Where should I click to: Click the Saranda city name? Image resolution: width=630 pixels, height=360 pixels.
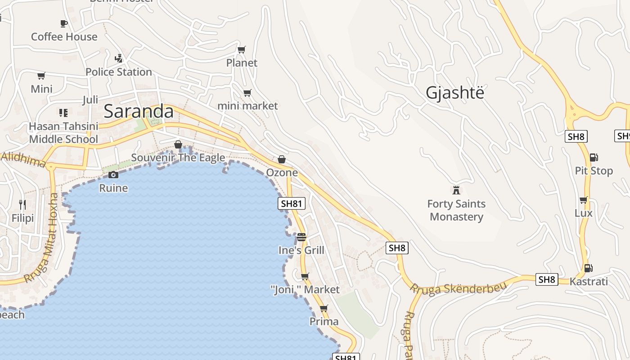click(x=139, y=112)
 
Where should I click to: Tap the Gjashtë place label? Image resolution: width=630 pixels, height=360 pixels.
click(x=455, y=93)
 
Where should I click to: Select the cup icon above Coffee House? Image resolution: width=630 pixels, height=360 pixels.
click(x=64, y=23)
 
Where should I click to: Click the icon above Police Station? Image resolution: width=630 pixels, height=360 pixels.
click(x=119, y=58)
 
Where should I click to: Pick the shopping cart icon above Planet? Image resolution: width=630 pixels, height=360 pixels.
click(x=242, y=49)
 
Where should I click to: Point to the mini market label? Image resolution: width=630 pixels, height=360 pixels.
click(x=247, y=106)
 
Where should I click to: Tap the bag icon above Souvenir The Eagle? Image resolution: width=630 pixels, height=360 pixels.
click(x=178, y=144)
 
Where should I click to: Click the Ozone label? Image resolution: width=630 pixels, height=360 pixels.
click(x=282, y=172)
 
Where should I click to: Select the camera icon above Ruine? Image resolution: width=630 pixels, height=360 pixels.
click(x=113, y=175)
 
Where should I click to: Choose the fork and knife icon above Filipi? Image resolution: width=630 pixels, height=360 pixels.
click(x=22, y=205)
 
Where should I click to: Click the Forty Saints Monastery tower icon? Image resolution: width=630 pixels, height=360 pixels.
click(x=456, y=190)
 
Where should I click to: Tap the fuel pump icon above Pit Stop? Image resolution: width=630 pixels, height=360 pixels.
click(x=594, y=157)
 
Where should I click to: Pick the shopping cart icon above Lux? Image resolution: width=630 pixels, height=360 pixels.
click(x=583, y=200)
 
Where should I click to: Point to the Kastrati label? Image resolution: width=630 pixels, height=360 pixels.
click(x=589, y=282)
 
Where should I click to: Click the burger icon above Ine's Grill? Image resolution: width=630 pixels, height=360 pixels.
click(x=301, y=237)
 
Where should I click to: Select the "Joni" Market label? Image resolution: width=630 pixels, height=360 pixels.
click(x=305, y=289)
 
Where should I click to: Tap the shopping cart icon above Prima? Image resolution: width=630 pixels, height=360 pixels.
click(x=324, y=309)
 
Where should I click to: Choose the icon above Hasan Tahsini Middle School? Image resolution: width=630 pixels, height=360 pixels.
click(x=63, y=112)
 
